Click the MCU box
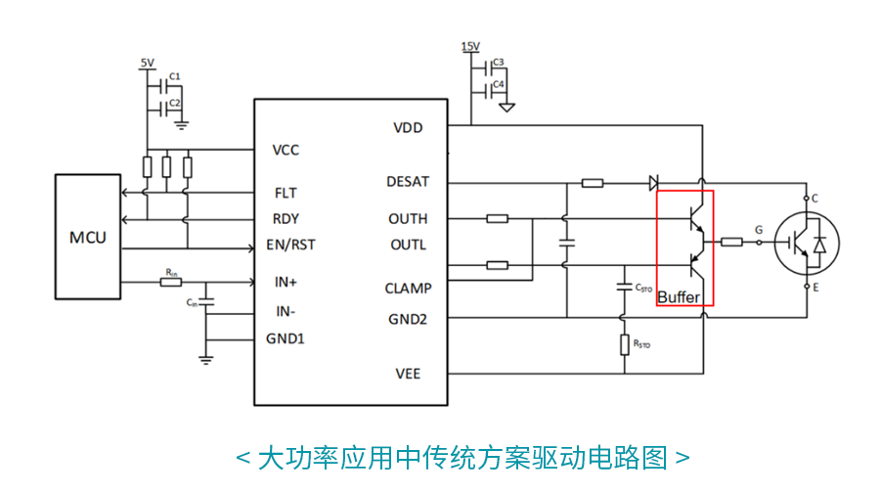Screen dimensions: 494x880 88,237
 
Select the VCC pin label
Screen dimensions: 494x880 286,150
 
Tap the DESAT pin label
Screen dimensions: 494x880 408,181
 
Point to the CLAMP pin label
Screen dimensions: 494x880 408,288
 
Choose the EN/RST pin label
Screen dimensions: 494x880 290,245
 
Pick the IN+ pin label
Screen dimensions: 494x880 286,282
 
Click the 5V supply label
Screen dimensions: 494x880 147,64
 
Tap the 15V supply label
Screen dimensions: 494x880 469,47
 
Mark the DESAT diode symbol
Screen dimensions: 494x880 653,182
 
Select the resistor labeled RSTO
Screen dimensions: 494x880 624,344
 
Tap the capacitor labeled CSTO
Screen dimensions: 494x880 624,288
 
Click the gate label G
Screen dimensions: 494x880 759,230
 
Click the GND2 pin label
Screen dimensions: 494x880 407,318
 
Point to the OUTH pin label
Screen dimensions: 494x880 408,218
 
